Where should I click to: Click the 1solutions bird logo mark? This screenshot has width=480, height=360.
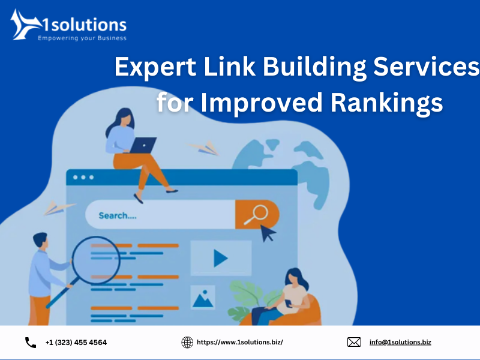click(25, 25)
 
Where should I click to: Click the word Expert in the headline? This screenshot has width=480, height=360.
click(155, 67)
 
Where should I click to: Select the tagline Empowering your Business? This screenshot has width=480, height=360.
click(82, 38)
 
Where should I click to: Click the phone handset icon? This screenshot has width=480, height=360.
click(31, 343)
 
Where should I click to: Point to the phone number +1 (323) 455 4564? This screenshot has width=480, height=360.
click(76, 343)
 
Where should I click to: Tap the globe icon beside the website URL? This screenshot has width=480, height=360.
click(187, 342)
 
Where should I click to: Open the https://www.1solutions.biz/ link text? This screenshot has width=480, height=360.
click(239, 342)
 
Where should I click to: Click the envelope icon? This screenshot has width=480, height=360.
click(354, 342)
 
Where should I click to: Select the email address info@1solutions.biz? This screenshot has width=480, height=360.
click(400, 342)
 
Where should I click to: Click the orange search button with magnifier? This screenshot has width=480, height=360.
click(257, 214)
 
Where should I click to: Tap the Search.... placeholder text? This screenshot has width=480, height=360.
click(118, 216)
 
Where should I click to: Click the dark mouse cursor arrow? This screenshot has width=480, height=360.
click(267, 233)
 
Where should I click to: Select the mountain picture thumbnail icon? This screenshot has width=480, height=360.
click(203, 297)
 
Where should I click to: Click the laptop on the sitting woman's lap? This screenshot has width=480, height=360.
click(143, 145)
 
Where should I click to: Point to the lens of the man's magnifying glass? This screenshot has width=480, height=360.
click(96, 260)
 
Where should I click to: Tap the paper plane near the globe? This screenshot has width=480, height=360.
click(204, 148)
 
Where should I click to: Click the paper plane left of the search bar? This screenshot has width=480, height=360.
click(58, 208)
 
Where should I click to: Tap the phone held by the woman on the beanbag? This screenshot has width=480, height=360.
click(289, 304)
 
